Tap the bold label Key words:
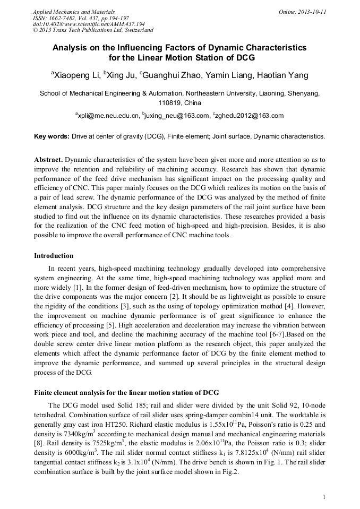coord(52,136)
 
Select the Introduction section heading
coord(54,256)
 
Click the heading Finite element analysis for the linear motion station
coord(126,393)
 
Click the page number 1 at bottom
coord(324,497)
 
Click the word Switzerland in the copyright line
coord(136,30)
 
